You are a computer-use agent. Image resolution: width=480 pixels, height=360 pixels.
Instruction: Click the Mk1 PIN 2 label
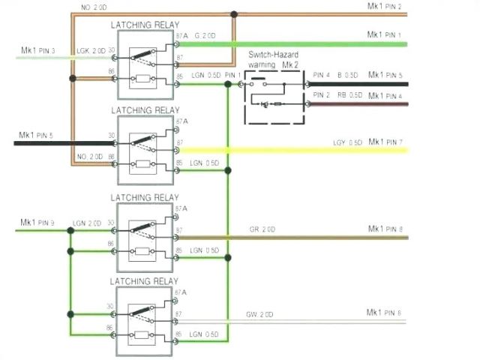(385, 7)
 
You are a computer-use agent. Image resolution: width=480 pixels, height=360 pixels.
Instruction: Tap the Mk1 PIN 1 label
(385, 35)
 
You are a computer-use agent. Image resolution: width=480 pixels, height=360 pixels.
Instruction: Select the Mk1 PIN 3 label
(37, 51)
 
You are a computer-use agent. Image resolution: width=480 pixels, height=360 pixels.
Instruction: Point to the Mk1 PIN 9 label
(37, 222)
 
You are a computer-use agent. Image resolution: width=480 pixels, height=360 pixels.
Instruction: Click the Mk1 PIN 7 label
(385, 142)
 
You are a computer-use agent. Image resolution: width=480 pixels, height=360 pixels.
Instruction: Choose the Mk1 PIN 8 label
(385, 229)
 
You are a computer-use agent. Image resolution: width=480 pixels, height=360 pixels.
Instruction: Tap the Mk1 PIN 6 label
(385, 313)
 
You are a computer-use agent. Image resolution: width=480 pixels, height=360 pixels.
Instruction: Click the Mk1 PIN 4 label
(385, 95)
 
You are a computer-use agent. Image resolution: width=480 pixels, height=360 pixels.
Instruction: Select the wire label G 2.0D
(207, 36)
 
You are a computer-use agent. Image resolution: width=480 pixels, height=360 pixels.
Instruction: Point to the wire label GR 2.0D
(262, 229)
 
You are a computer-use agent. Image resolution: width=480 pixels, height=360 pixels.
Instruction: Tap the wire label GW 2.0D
(259, 313)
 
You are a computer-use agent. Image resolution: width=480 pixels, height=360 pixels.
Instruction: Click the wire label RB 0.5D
(348, 95)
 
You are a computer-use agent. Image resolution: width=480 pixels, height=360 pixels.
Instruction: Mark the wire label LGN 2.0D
(87, 223)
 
